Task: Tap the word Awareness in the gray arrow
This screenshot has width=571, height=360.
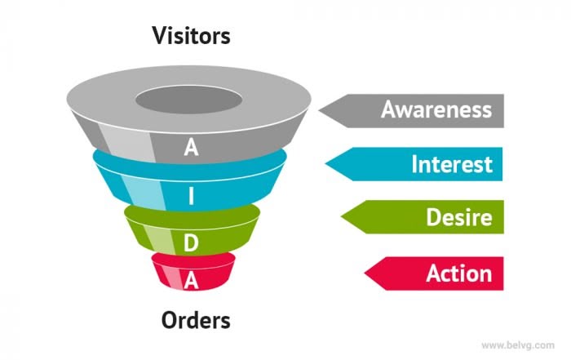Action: pos(436,110)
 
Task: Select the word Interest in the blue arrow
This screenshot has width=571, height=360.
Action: pos(451,164)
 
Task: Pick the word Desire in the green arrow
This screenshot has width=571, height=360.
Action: pos(458,218)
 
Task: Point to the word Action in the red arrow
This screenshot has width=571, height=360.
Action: pos(458,273)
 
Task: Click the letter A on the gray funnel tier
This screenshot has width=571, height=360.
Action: pos(191,148)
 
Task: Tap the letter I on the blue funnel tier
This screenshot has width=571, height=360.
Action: pos(191,196)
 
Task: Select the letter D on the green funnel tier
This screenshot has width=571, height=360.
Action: pos(191,242)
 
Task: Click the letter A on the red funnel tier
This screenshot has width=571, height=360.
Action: pos(191,280)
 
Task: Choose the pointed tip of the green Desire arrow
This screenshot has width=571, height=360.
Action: pos(342,218)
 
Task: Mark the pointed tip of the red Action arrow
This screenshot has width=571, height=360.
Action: pos(364,273)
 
